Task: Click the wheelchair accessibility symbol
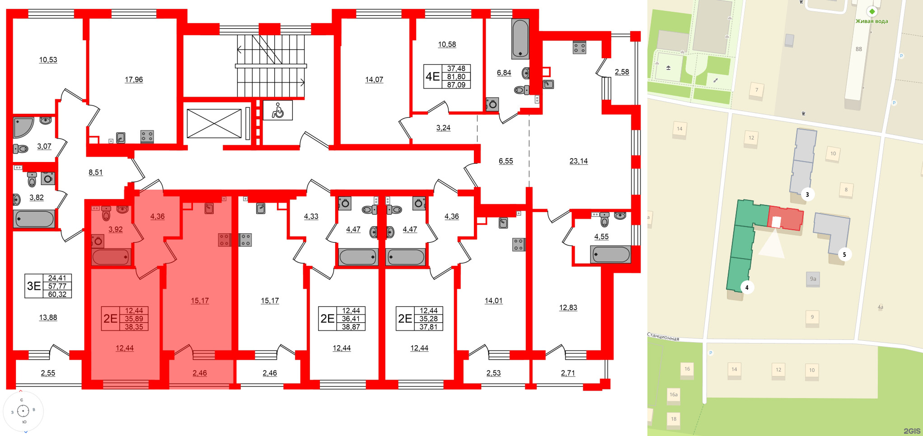tap(277, 110)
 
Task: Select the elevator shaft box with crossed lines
tap(214, 123)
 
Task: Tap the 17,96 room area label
tap(134, 80)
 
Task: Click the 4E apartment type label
tap(432, 77)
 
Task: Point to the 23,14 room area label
tap(578, 161)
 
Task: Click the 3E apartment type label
tap(34, 286)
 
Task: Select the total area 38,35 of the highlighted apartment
tap(134, 327)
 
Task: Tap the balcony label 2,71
tap(568, 373)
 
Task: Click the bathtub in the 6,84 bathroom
tap(520, 39)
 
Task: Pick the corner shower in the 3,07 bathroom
tap(23, 127)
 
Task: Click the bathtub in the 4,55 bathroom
tap(611, 255)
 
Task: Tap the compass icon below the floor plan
tap(23, 411)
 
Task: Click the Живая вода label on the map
tap(871, 21)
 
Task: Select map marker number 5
tap(844, 255)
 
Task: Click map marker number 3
tap(807, 195)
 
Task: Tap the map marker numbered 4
tap(747, 288)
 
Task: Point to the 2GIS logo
tap(912, 431)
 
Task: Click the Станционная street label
tap(663, 337)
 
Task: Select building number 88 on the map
tap(858, 49)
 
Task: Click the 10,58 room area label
tap(447, 45)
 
